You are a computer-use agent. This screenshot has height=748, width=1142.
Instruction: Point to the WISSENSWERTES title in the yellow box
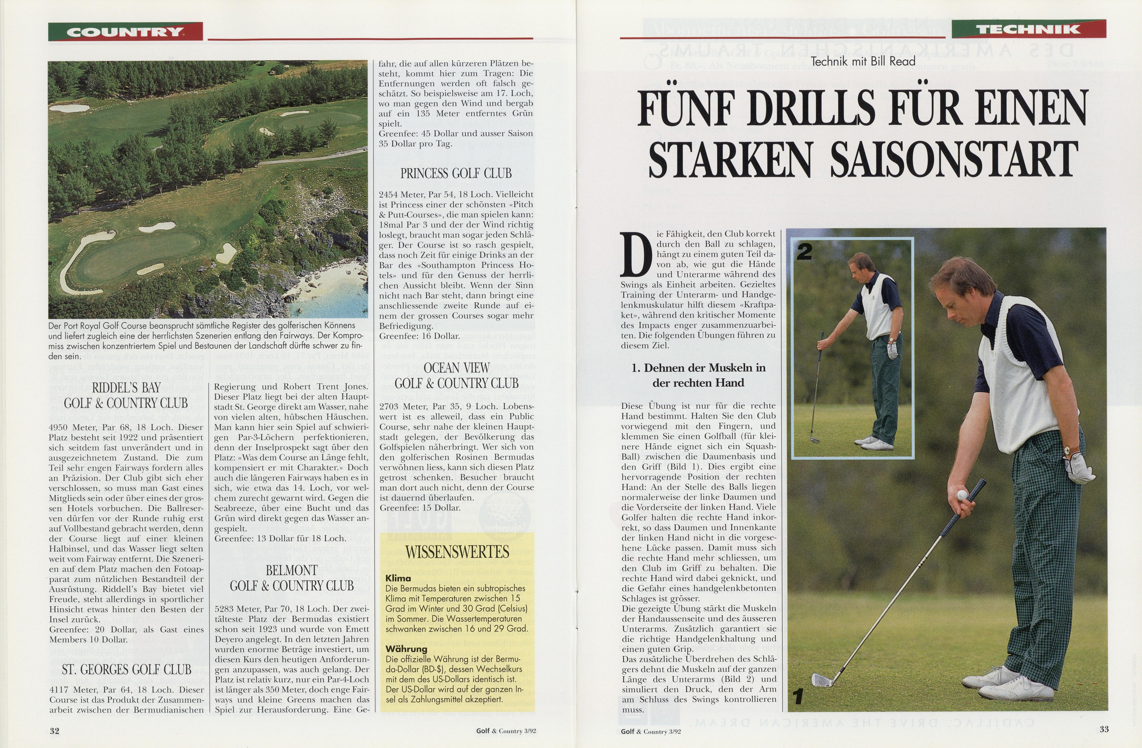tap(457, 552)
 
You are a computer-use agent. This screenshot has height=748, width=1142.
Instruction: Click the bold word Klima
tap(398, 578)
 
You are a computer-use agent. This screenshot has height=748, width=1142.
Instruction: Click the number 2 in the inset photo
tap(804, 252)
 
